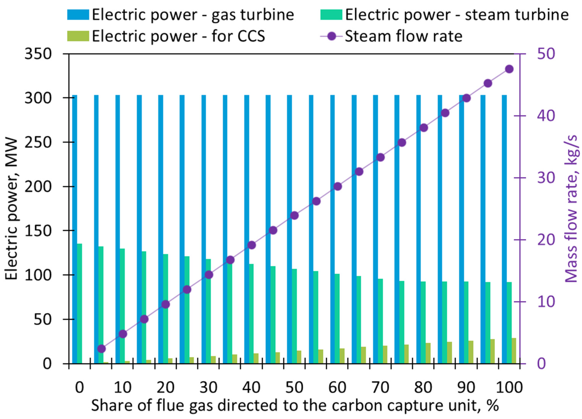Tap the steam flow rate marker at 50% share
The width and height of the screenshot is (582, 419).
click(x=295, y=215)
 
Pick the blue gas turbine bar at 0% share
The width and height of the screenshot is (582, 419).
click(x=75, y=229)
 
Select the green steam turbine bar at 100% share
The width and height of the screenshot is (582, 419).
click(x=509, y=323)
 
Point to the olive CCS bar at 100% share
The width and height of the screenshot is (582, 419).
click(x=514, y=351)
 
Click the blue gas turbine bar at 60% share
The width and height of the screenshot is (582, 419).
click(x=332, y=229)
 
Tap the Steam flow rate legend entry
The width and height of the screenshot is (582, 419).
click(x=403, y=36)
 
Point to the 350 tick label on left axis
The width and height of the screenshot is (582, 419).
click(x=38, y=54)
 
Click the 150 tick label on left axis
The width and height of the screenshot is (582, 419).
click(x=38, y=231)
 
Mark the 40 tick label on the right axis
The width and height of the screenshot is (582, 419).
click(x=546, y=116)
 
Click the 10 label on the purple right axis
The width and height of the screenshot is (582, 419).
click(x=546, y=302)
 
